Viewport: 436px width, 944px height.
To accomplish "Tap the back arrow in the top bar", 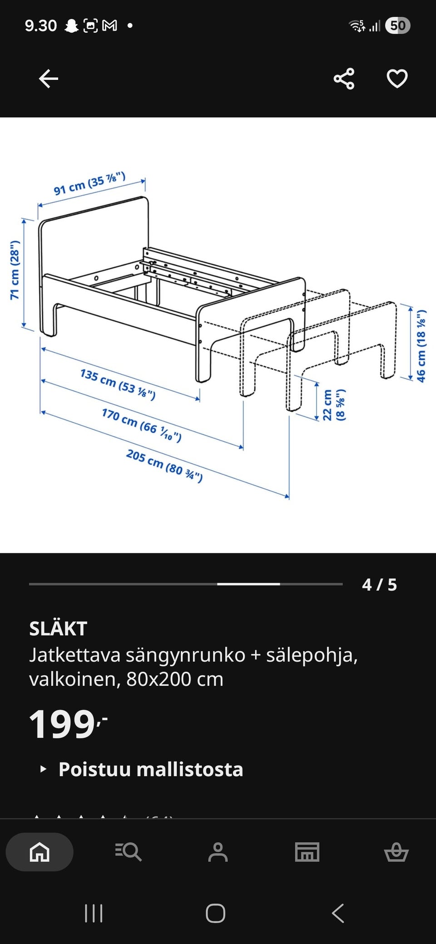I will point(48,79).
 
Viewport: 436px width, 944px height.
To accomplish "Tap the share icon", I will point(344,79).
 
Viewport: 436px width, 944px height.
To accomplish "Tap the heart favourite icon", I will point(397,79).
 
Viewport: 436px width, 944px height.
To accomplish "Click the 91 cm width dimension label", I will point(89,184).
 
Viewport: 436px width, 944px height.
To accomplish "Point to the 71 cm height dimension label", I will point(15,270).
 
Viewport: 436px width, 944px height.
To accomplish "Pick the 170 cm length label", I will point(141,425).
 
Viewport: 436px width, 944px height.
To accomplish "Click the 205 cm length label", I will point(164,465).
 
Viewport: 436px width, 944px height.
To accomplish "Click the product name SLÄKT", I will point(58,629).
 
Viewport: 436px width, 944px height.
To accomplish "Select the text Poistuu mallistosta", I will point(151,769).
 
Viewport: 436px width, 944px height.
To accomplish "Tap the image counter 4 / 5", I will point(379,585).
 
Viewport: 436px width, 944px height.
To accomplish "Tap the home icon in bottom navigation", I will point(40,852).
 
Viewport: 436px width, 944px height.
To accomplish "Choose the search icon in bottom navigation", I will point(129,852).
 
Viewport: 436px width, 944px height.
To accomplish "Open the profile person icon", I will point(218,852).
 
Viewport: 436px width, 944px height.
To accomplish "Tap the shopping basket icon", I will point(396,852).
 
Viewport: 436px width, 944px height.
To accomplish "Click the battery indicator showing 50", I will point(397,25).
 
